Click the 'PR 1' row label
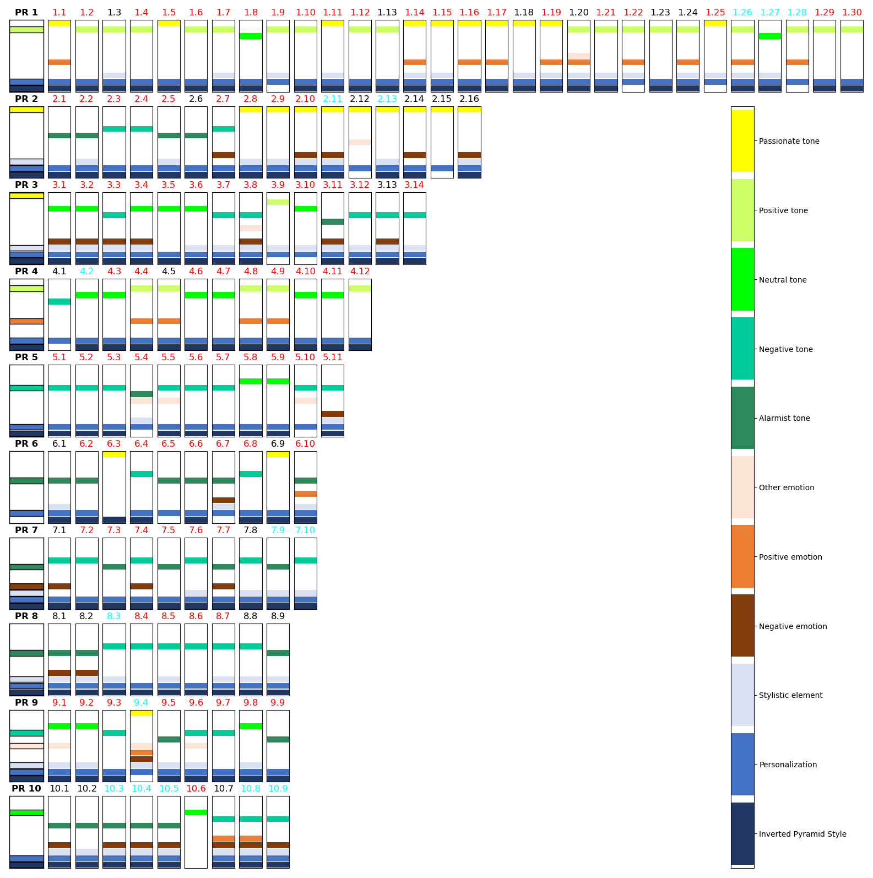click(26, 12)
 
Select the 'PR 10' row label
click(26, 788)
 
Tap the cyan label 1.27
click(769, 12)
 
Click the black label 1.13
click(387, 12)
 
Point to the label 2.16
click(469, 99)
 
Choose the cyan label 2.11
click(333, 99)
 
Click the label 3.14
click(414, 185)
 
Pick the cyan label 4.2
click(86, 271)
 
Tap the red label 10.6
click(196, 788)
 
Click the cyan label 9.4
click(141, 702)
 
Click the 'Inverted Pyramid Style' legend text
click(802, 834)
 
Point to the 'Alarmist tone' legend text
click(784, 418)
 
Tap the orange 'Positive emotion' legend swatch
click(742, 556)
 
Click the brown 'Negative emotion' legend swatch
click(742, 626)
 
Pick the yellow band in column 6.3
click(114, 454)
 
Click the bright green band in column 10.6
click(196, 812)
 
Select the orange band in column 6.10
click(306, 494)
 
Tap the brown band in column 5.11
click(333, 414)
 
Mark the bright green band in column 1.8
click(251, 36)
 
